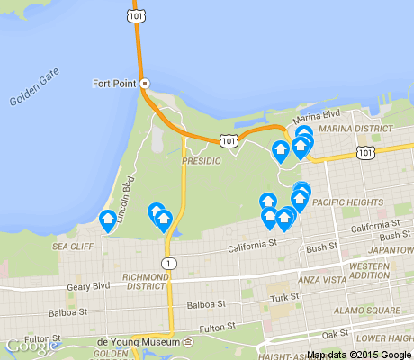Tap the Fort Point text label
114,84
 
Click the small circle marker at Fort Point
144,84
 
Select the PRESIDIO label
201,159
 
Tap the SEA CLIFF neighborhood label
73,245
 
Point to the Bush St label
320,247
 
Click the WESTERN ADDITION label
370,272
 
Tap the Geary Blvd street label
89,285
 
